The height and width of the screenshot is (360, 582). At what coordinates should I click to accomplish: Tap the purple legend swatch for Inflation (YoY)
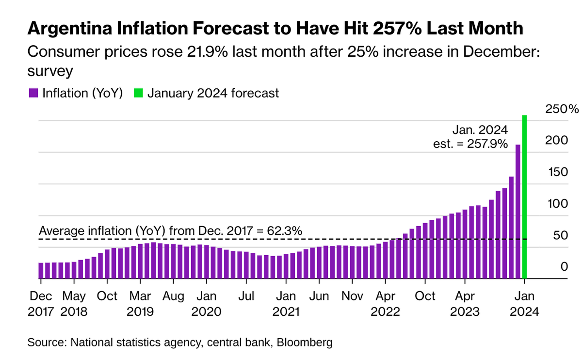click(x=33, y=93)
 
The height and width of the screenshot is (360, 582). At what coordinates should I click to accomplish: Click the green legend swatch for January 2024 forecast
click(x=138, y=93)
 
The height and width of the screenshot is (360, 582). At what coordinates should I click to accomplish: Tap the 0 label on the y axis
click(x=564, y=267)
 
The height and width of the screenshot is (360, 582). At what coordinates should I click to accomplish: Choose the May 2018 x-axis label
click(x=74, y=303)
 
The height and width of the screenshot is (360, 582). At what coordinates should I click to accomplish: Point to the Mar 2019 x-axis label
click(x=140, y=303)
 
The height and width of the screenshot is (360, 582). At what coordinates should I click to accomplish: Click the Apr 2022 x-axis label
click(x=385, y=303)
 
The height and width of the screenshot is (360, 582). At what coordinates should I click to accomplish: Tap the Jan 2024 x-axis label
click(x=524, y=303)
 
